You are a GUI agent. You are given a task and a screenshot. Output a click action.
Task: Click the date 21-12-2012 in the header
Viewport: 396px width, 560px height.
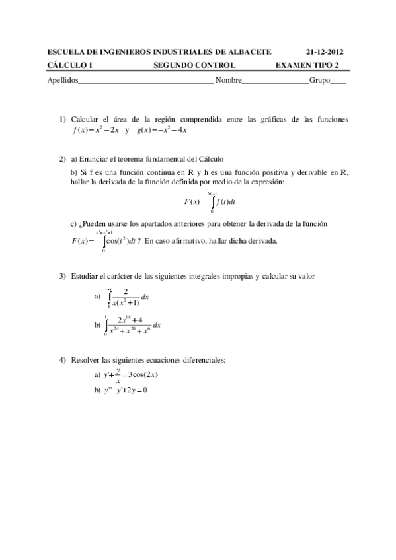(x=325, y=52)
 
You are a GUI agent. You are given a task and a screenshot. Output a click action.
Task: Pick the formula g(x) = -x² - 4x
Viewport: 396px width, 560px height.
(x=163, y=129)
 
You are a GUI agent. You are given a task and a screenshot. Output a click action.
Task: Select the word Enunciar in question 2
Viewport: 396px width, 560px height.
(x=96, y=159)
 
